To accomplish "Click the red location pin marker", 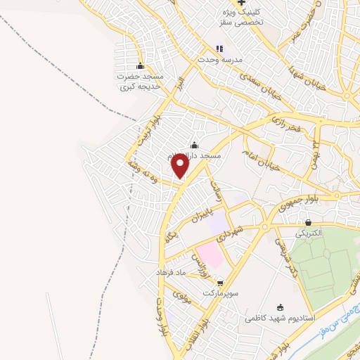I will (181, 165).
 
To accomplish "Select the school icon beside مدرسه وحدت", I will (219, 49).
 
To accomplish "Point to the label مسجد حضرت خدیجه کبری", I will (141, 81).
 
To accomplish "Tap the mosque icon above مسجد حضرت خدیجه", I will (141, 66).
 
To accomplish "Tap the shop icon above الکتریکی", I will (308, 222).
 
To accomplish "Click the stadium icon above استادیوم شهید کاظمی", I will (281, 307).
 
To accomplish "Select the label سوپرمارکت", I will (220, 292).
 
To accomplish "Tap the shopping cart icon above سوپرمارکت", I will (221, 282).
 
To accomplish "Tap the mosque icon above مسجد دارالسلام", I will (193, 146).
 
